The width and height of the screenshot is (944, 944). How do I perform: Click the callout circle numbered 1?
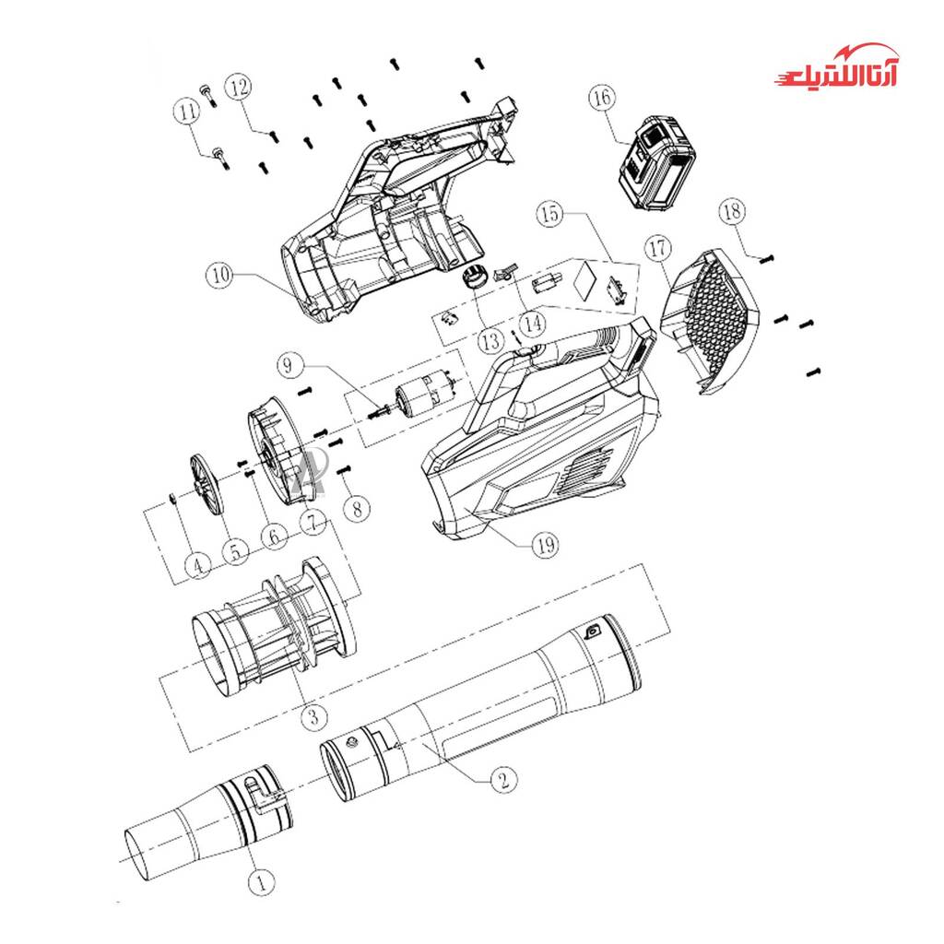tap(261, 881)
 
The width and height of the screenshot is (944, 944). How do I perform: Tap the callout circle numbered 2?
tap(503, 779)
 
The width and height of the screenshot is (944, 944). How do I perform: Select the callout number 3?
tap(313, 716)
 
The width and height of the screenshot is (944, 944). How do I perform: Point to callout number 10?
tap(219, 275)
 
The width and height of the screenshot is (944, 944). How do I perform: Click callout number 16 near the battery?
tap(603, 97)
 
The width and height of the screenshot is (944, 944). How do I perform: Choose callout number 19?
tap(545, 545)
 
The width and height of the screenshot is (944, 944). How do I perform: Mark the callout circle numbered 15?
tap(550, 213)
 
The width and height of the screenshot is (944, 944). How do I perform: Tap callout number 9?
tap(289, 365)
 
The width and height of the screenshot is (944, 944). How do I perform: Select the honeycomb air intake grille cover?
tap(711, 322)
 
